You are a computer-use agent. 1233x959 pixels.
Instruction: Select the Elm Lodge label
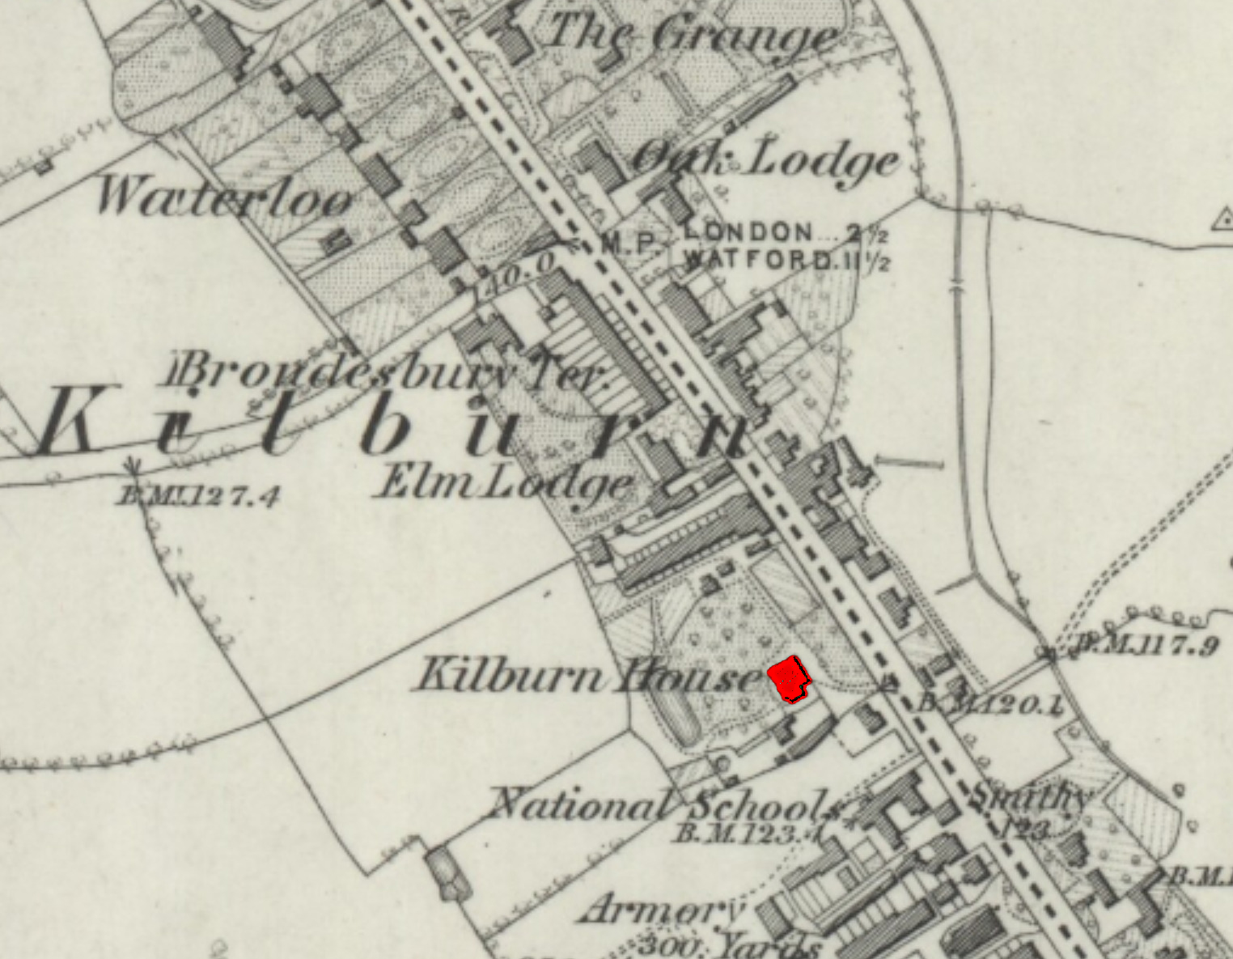[504, 483]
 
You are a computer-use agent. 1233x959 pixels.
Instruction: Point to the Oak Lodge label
[765, 160]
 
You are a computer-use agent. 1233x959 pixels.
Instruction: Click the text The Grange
[692, 35]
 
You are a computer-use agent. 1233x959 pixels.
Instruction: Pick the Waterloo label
[224, 197]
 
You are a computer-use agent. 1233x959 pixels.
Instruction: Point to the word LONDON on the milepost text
[748, 231]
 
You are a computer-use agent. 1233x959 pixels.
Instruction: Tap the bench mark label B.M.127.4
[198, 495]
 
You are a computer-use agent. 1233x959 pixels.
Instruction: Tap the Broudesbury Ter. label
[387, 373]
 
